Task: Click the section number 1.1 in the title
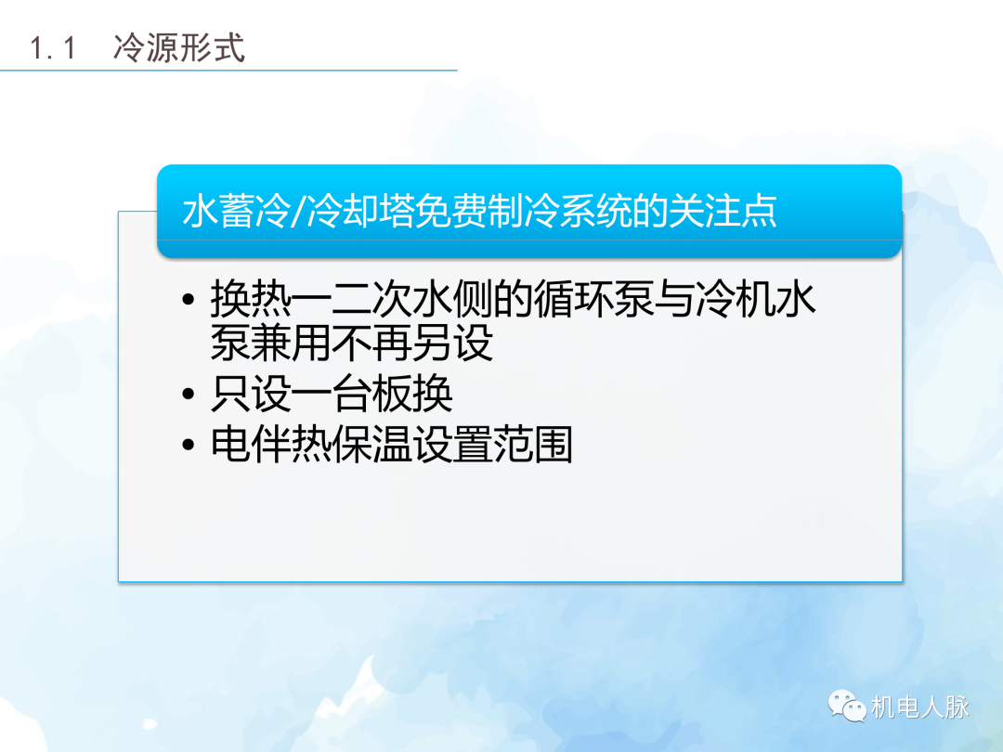[53, 47]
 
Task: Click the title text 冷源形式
[179, 47]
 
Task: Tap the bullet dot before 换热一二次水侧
[189, 302]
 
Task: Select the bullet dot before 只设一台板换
[189, 396]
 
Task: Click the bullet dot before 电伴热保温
[189, 446]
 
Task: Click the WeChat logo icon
[846, 707]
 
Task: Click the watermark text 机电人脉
[919, 707]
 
